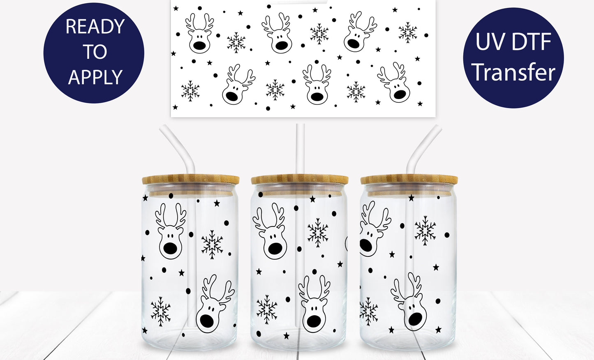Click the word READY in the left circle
95,27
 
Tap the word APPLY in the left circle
95,77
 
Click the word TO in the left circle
95,52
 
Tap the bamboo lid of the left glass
191,180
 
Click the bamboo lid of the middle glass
300,180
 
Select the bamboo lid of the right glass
409,180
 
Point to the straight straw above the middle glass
300,148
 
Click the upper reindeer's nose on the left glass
171,248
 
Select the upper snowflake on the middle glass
318,233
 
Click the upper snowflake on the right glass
425,231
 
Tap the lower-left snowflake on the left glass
160,311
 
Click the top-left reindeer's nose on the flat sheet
200,45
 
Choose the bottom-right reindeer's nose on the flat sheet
400,94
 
